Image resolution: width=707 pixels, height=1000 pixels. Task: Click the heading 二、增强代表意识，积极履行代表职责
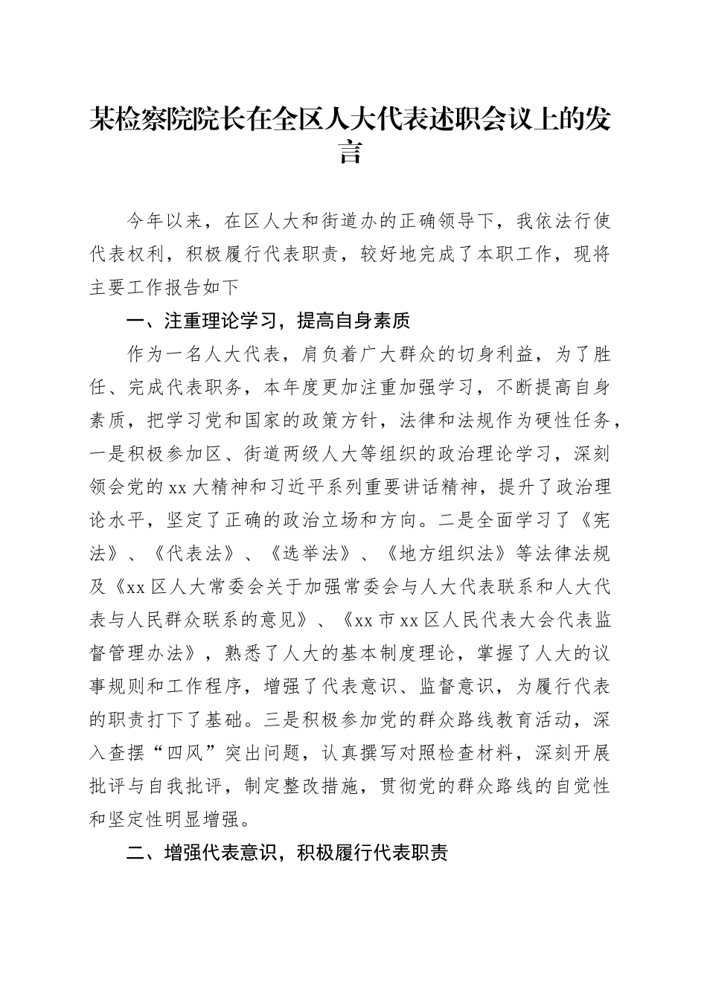click(x=287, y=853)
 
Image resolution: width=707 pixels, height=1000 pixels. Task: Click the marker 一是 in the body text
click(x=108, y=454)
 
